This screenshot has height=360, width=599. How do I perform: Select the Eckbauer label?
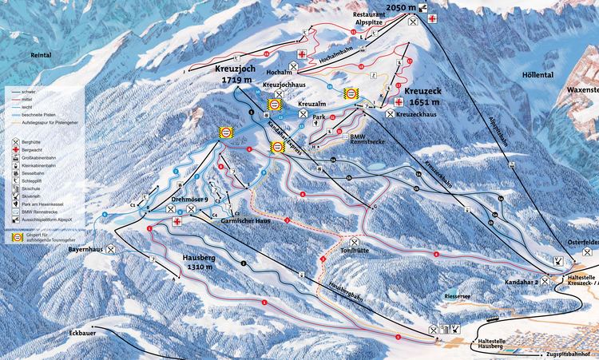coord(83,330)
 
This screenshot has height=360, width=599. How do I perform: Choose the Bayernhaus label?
coord(87,250)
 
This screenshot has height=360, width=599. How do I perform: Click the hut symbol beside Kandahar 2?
coord(545,280)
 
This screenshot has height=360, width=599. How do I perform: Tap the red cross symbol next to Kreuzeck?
coord(399,101)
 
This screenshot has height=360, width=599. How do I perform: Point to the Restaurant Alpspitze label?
coord(375,20)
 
